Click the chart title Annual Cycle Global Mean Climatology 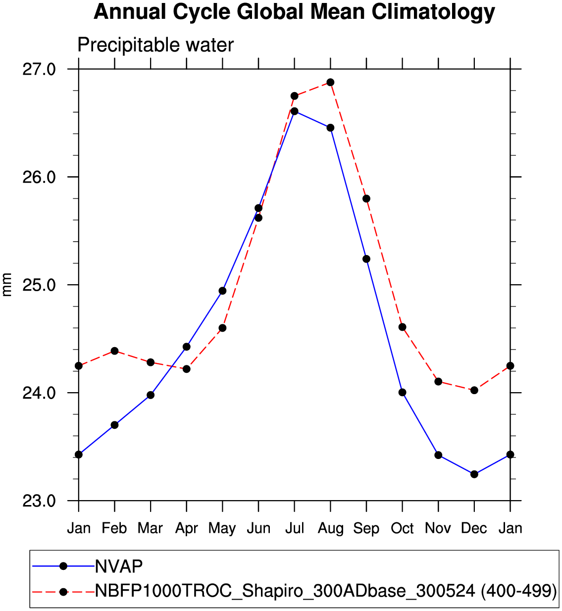(294, 12)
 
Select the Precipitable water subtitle (155, 45)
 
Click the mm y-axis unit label (7, 285)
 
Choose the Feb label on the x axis (114, 528)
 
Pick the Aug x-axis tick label (330, 528)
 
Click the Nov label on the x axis (438, 528)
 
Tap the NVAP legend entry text (119, 566)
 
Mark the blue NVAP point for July (295, 111)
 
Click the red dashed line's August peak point (330, 82)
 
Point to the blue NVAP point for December (474, 474)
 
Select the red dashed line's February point (114, 351)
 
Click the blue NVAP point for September (366, 259)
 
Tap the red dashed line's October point (402, 327)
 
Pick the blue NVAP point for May (222, 291)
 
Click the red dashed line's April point (187, 369)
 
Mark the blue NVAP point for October (402, 393)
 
